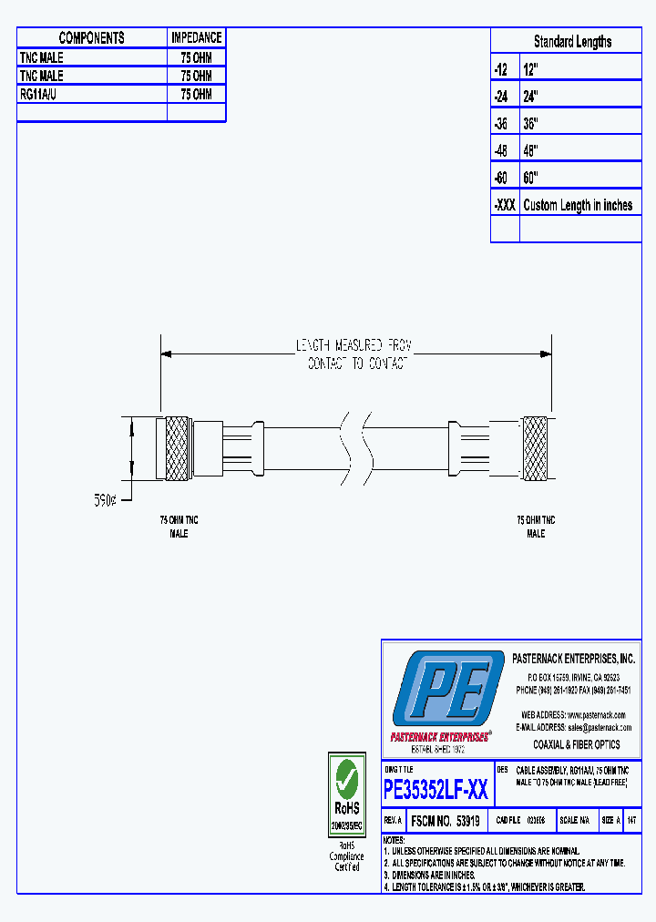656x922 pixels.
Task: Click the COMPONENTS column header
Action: click(x=92, y=38)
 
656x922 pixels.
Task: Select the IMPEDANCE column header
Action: click(x=196, y=38)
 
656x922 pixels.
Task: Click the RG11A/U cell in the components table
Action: click(x=43, y=94)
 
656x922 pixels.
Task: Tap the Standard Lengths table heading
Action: click(x=572, y=42)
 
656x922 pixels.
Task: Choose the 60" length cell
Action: click(x=532, y=178)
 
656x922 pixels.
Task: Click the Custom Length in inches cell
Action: click(x=578, y=205)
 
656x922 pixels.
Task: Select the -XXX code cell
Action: click(x=505, y=205)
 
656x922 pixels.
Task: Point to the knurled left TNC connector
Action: click(x=174, y=448)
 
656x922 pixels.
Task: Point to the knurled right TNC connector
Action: click(x=535, y=448)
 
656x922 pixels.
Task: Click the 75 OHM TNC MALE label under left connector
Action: click(x=179, y=526)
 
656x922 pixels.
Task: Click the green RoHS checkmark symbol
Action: click(x=346, y=778)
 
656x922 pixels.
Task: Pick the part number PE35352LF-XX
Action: click(x=436, y=789)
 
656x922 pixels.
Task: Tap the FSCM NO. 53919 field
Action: click(x=446, y=820)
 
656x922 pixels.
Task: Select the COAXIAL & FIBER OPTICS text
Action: click(x=576, y=744)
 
